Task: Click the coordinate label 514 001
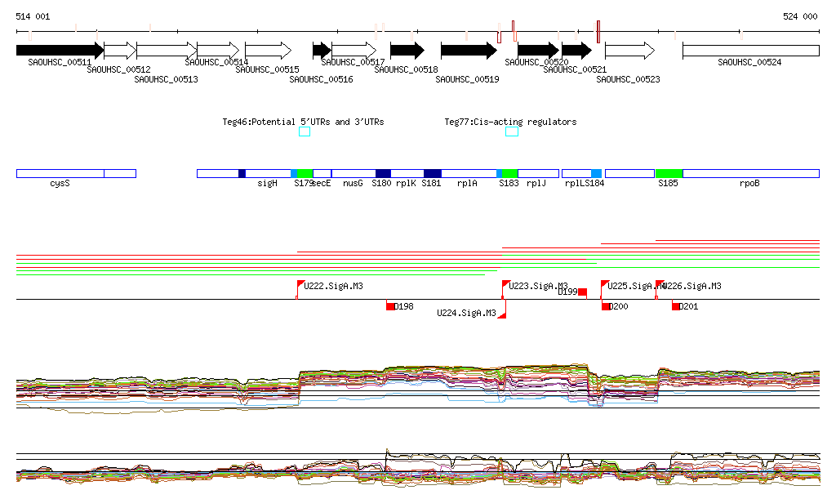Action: click(33, 16)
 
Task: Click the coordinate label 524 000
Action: click(800, 16)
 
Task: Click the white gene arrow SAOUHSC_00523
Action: click(629, 51)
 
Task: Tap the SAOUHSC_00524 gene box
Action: click(750, 51)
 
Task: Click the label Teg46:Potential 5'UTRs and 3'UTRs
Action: click(303, 122)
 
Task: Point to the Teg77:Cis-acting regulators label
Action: click(510, 122)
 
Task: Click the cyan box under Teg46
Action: click(305, 131)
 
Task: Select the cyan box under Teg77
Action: click(512, 131)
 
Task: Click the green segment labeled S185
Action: click(669, 173)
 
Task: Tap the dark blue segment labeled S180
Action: click(383, 173)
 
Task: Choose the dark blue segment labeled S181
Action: click(433, 173)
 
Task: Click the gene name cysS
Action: click(60, 184)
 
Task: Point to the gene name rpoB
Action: click(749, 184)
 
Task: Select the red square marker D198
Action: click(391, 306)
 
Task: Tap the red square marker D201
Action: click(676, 306)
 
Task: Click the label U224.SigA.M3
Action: click(466, 313)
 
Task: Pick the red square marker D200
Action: click(606, 306)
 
